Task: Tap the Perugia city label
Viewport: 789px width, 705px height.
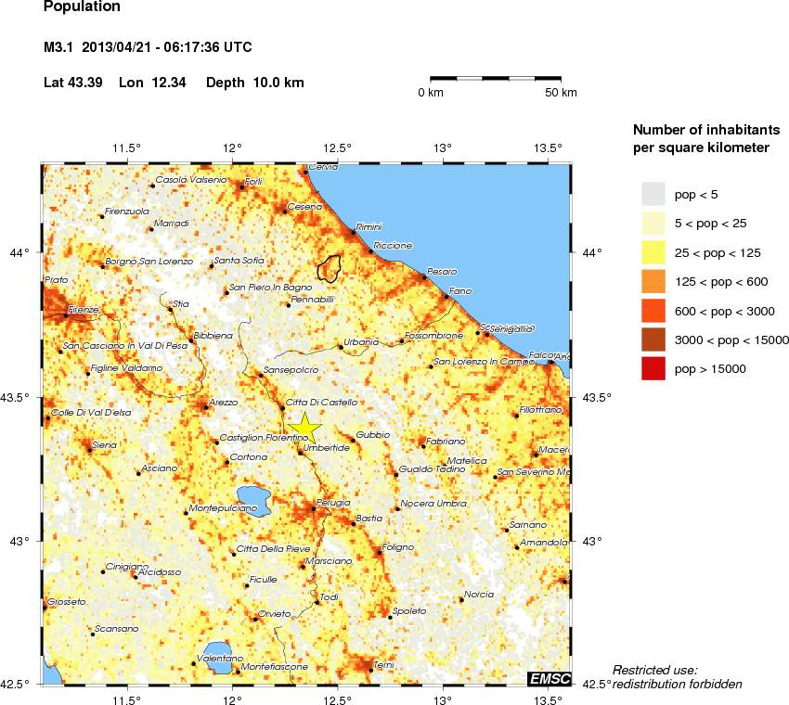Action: pyautogui.click(x=332, y=503)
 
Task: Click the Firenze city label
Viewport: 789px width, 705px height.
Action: pyautogui.click(x=84, y=309)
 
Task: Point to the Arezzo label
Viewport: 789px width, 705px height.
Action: pyautogui.click(x=224, y=402)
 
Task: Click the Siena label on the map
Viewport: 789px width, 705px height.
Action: pyautogui.click(x=105, y=445)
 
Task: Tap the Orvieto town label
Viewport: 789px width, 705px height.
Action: pyautogui.click(x=275, y=613)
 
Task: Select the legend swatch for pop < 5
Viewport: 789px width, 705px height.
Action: pyautogui.click(x=653, y=193)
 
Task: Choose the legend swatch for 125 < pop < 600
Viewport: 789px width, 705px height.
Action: pyautogui.click(x=653, y=281)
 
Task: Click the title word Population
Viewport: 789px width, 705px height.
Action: pyautogui.click(x=82, y=6)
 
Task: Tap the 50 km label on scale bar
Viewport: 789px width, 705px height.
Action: pyautogui.click(x=561, y=93)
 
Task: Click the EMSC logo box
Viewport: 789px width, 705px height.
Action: pyautogui.click(x=548, y=679)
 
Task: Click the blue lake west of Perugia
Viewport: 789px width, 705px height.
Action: pyautogui.click(x=253, y=499)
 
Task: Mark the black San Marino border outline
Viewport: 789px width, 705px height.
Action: pyautogui.click(x=329, y=267)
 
